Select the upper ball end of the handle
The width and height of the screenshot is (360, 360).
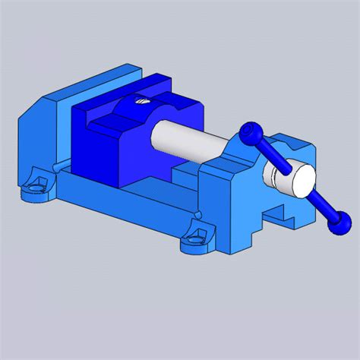point(248,133)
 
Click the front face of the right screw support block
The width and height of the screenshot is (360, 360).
point(228,213)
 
